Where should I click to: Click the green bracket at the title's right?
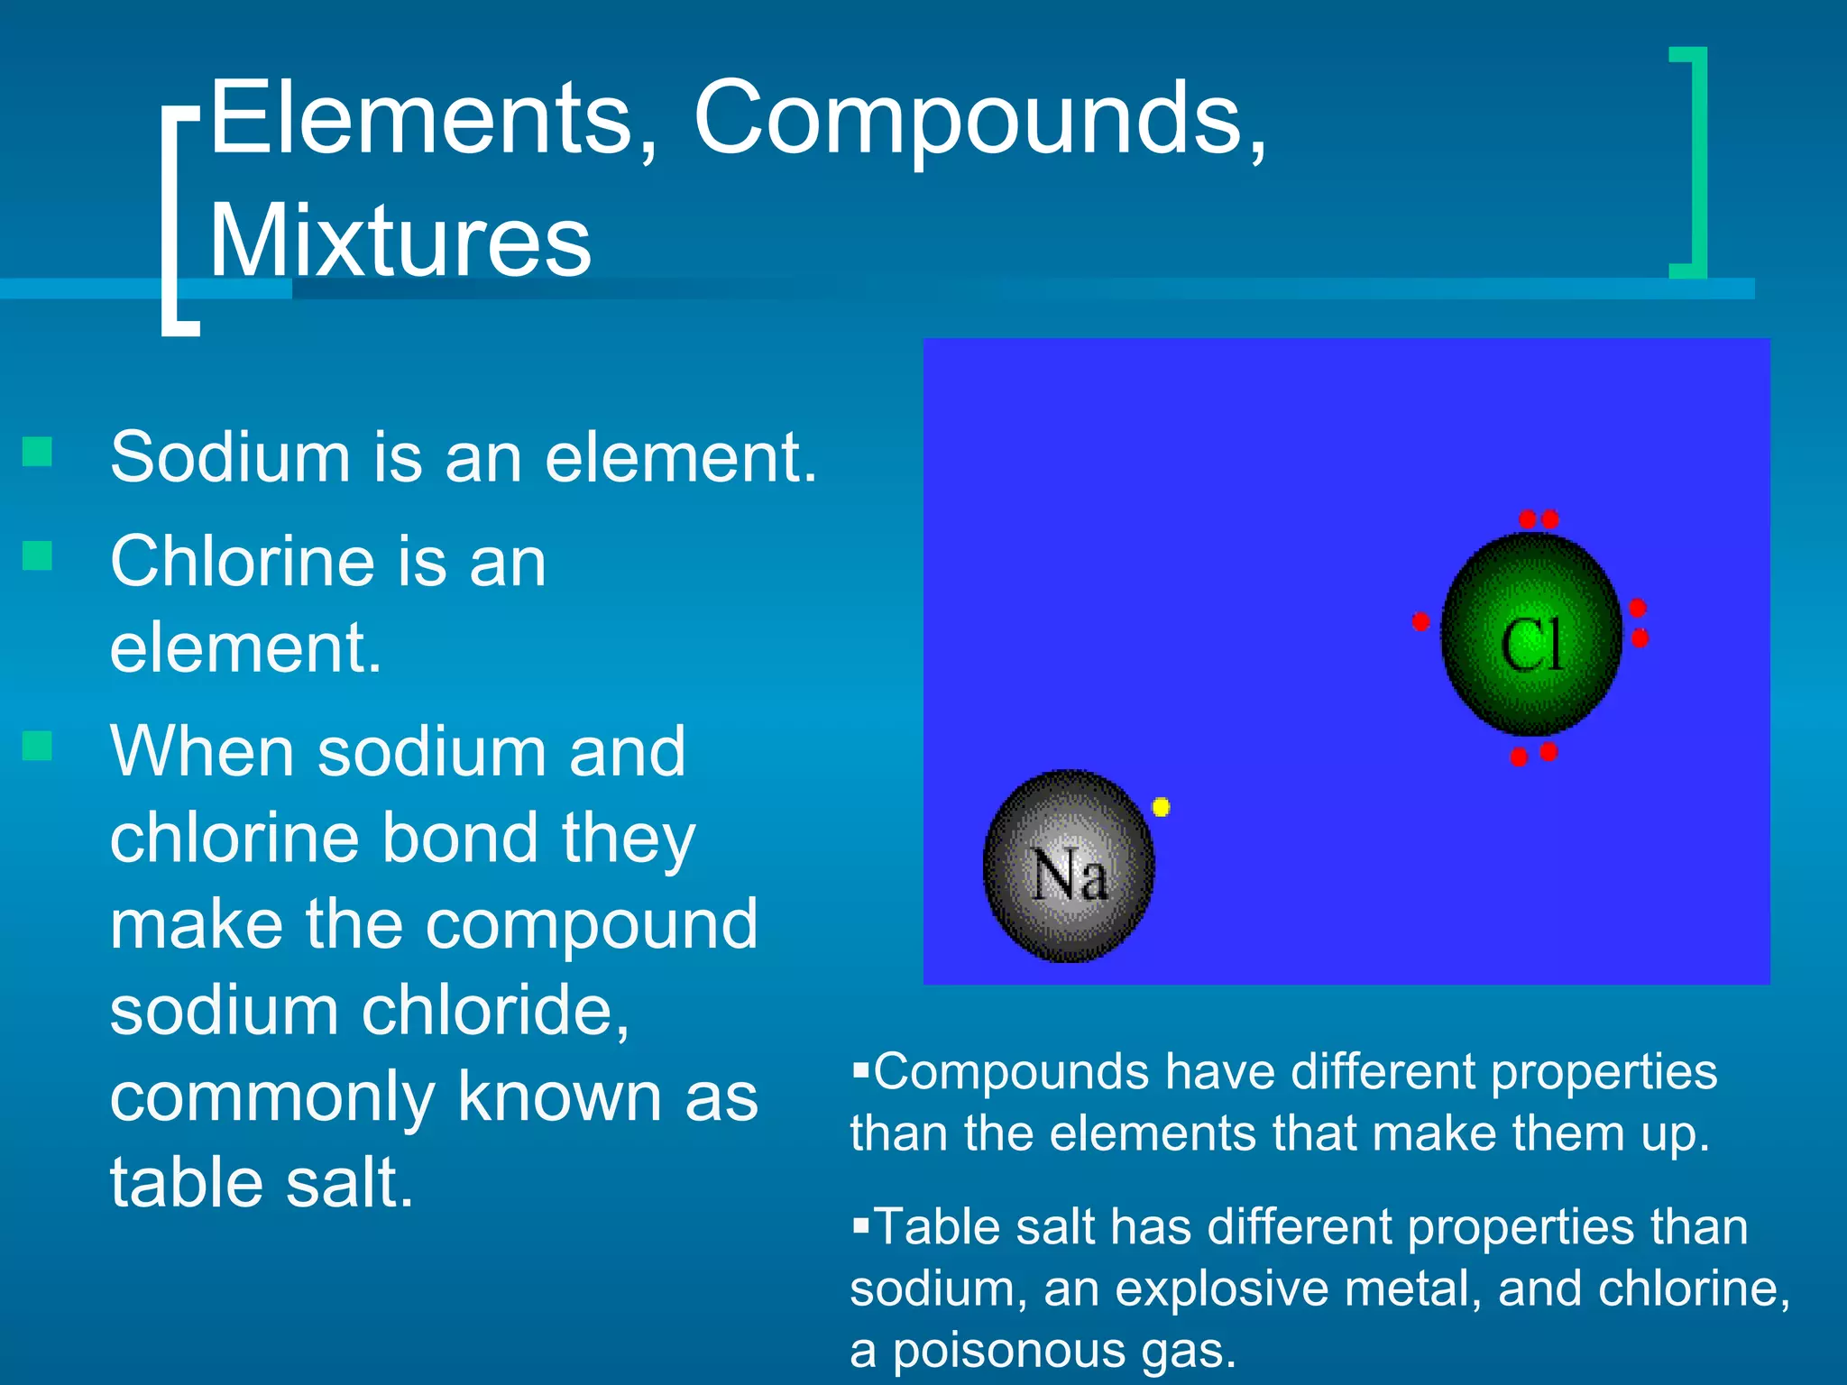point(1695,162)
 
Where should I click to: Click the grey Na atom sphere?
point(1069,867)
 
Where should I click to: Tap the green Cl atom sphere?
point(1531,635)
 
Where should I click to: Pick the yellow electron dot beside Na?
point(1162,807)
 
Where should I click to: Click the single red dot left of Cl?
point(1420,621)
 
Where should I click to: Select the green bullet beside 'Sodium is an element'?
point(37,452)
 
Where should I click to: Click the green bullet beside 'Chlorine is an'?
point(37,555)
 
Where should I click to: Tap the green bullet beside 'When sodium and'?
point(37,746)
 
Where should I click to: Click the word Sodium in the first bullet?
point(229,457)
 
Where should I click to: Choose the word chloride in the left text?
point(494,1010)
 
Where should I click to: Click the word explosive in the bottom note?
point(1223,1289)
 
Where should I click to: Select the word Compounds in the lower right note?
point(1011,1073)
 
